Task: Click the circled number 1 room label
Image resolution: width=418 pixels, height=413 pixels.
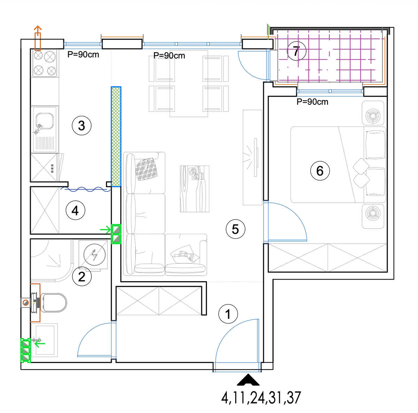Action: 228,313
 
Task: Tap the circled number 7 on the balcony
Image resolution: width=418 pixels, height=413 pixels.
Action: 296,51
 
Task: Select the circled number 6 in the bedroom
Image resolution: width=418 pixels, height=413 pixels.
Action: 320,170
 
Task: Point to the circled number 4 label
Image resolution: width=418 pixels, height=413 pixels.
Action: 75,210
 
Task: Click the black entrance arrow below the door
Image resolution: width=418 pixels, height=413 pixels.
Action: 248,380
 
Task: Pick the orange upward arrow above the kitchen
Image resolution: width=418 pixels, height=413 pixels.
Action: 38,38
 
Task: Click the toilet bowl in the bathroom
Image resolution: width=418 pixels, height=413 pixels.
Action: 53,302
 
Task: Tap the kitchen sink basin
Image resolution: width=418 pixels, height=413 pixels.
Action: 45,121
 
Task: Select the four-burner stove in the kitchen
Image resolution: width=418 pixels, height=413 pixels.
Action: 45,63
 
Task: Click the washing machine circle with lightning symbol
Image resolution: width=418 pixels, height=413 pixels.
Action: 94,255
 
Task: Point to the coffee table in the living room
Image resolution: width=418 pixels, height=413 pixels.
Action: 194,189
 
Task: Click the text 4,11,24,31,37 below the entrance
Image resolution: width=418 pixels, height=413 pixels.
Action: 261,398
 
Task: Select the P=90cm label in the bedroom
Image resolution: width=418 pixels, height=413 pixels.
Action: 312,102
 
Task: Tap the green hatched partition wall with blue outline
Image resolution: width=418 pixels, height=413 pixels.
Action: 116,136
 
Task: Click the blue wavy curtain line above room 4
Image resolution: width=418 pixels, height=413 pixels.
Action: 86,189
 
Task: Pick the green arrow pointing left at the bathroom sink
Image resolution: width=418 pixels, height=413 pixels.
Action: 40,343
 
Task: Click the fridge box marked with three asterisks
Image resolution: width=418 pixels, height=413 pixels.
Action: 44,167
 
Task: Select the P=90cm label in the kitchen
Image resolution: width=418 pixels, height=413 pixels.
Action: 83,55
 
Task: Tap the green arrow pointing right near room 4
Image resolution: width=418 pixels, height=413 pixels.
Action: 106,229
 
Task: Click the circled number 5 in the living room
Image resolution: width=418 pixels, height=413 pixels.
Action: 235,229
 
